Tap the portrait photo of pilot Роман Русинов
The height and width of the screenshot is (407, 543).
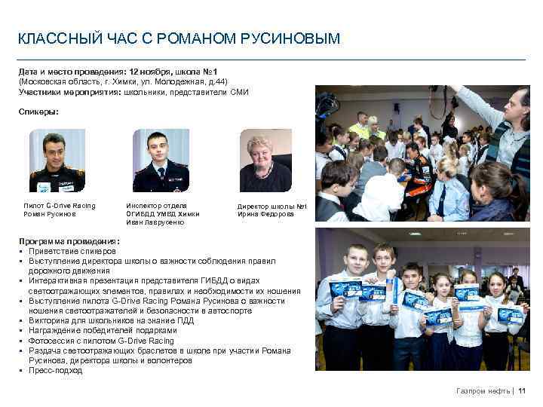pos(57,160)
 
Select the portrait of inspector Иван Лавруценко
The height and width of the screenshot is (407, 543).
pos(161,160)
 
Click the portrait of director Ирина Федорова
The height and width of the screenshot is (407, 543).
pos(265,160)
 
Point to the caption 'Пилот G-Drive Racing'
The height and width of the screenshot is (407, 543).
pos(60,205)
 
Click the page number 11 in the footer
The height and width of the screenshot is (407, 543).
pos(522,391)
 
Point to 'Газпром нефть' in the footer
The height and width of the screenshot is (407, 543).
pos(483,391)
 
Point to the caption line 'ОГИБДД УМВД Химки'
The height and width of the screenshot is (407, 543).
pos(160,214)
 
